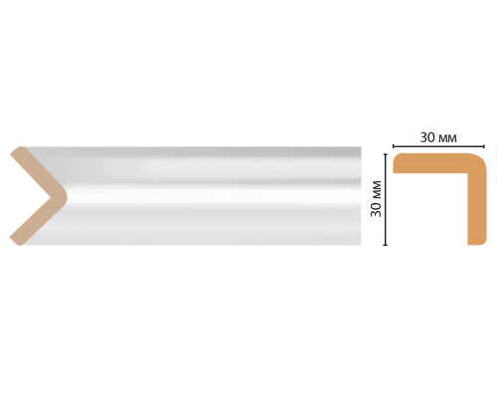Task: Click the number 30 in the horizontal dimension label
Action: [428, 137]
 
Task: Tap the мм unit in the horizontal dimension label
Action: [448, 138]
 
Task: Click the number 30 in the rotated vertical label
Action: [377, 209]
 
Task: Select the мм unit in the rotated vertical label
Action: [378, 189]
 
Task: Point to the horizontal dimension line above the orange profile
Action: [438, 146]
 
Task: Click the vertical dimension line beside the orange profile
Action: [385, 200]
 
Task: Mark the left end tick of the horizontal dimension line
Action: [393, 146]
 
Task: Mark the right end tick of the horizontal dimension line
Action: [484, 146]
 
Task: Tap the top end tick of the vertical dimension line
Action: [385, 154]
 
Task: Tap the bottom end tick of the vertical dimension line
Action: [385, 245]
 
